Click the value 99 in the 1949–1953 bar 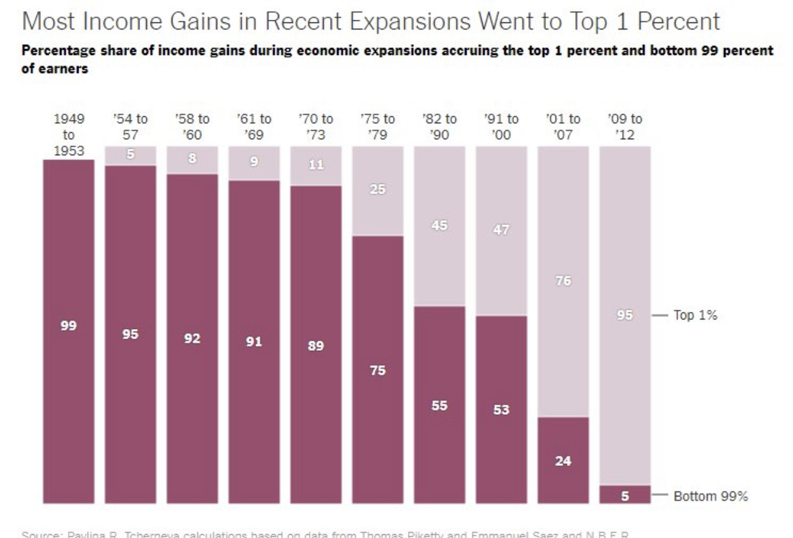tap(68, 326)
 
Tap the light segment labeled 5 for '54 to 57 tap(130, 155)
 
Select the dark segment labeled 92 tap(192, 339)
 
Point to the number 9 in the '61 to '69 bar tap(253, 162)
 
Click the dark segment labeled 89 tap(315, 345)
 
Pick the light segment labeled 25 tap(377, 190)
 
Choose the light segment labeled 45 tap(439, 226)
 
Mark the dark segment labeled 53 tap(501, 410)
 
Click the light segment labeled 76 tap(563, 281)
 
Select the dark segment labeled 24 tap(563, 461)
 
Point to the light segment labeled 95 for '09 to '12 tap(624, 315)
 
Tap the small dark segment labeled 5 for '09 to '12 tap(624, 495)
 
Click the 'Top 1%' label tap(696, 316)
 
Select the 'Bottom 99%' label tap(711, 496)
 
